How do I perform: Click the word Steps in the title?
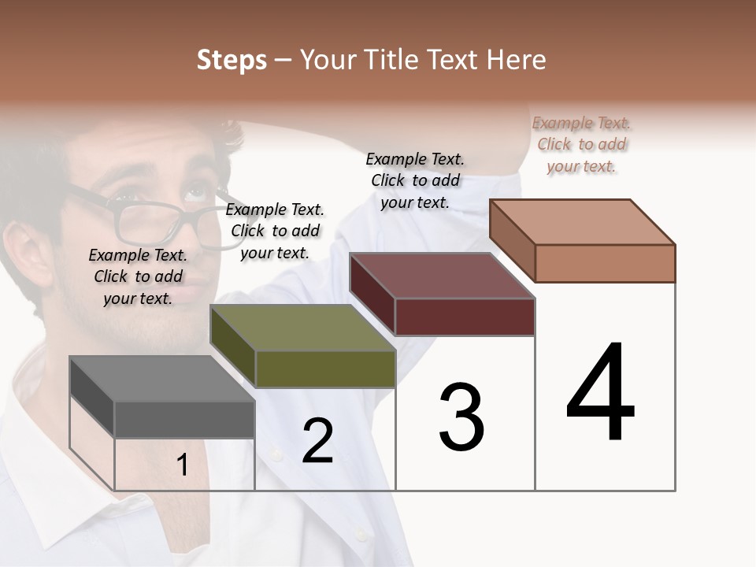[x=231, y=60]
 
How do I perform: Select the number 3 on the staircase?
[x=461, y=417]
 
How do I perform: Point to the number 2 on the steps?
[x=317, y=441]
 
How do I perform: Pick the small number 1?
[x=182, y=465]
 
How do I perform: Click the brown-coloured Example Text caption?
[x=581, y=144]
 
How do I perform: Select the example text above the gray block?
[x=138, y=276]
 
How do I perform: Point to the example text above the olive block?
[x=275, y=231]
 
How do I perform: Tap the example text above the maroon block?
[x=415, y=180]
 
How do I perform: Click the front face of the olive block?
[x=325, y=369]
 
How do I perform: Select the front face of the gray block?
[x=184, y=419]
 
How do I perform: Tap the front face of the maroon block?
[x=465, y=317]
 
